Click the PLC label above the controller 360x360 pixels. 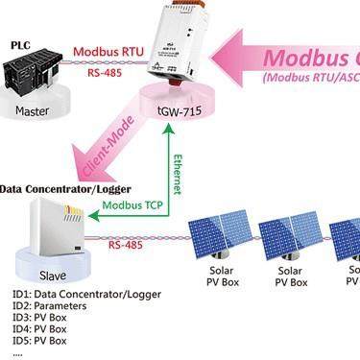coord(20,44)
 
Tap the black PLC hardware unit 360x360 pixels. coord(37,77)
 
